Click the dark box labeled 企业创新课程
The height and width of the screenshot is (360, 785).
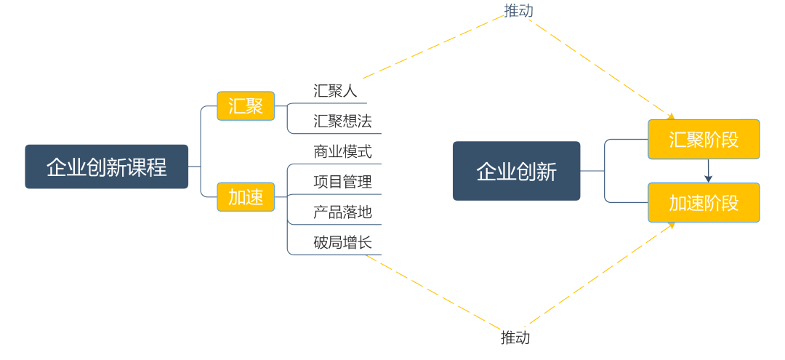106,167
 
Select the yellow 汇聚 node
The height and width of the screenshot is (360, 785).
246,106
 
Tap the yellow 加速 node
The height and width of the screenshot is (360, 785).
246,196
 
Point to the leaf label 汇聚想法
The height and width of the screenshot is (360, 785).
342,121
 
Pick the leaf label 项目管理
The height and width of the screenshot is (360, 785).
342,182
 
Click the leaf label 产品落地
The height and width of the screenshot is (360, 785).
342,212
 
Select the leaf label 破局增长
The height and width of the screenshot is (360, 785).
342,242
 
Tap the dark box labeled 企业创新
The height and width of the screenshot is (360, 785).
516,171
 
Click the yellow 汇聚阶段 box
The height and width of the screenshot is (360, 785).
704,139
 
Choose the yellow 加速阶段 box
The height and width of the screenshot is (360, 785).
704,202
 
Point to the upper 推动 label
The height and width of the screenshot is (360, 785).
519,10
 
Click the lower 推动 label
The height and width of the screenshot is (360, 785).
515,337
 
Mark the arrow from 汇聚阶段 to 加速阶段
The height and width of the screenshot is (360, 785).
708,171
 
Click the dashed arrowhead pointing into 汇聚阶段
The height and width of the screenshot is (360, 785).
671,116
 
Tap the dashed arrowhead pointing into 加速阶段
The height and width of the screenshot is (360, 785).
672,225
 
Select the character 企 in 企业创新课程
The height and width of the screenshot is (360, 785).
57,167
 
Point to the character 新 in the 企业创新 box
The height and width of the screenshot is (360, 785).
547,172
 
